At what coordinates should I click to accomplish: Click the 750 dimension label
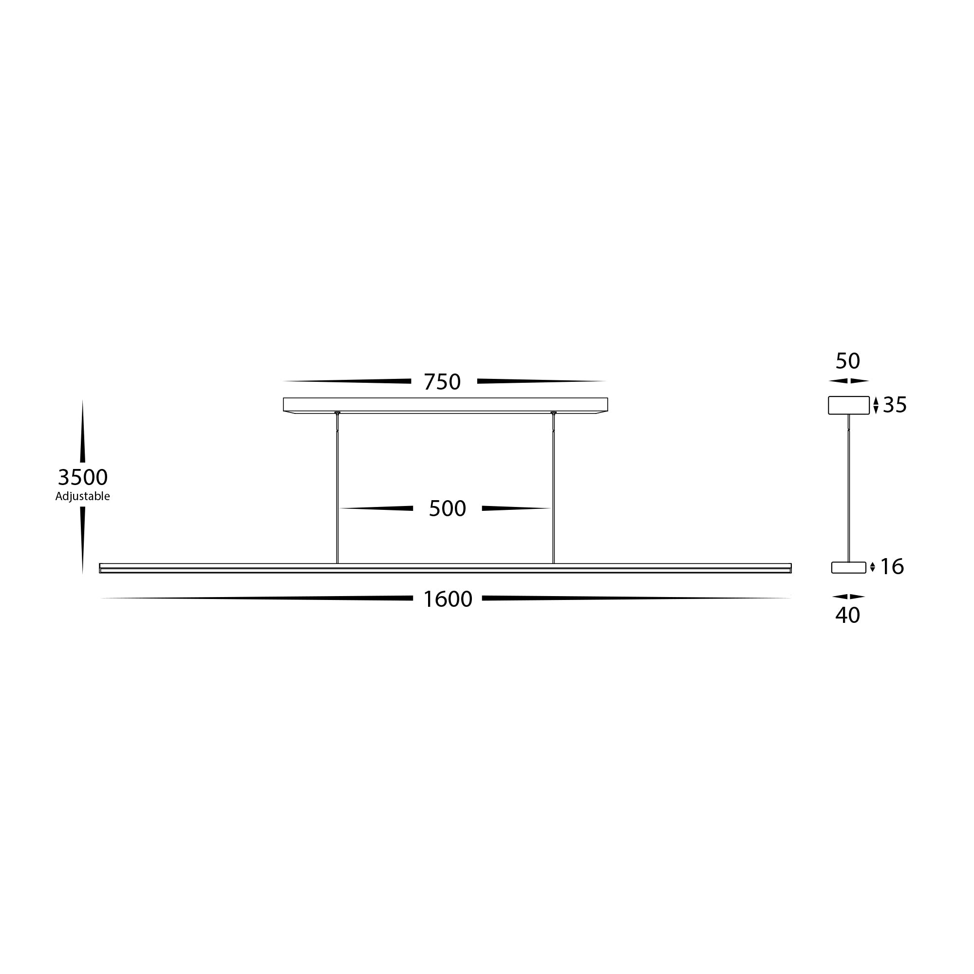tap(442, 382)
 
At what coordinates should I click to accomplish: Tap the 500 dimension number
tap(447, 509)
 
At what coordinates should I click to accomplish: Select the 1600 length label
tap(447, 599)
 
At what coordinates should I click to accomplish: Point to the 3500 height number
tap(83, 477)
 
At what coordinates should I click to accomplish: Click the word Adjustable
tap(83, 496)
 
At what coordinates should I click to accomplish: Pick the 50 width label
tap(847, 361)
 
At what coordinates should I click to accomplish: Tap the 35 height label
tap(895, 405)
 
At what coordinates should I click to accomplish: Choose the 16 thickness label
tap(892, 567)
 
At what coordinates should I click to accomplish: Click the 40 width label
tap(847, 615)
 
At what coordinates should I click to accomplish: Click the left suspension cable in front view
tap(337, 489)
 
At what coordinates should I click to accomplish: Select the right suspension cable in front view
tap(554, 489)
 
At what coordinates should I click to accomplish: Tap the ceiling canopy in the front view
tap(445, 404)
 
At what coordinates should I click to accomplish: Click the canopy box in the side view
tap(848, 405)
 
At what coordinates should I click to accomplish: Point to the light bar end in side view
tap(848, 568)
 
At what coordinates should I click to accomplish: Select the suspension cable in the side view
tap(849, 489)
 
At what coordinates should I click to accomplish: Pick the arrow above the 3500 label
tap(83, 433)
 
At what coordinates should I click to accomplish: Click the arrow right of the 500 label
tap(514, 508)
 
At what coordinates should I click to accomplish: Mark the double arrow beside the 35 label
tap(876, 405)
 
